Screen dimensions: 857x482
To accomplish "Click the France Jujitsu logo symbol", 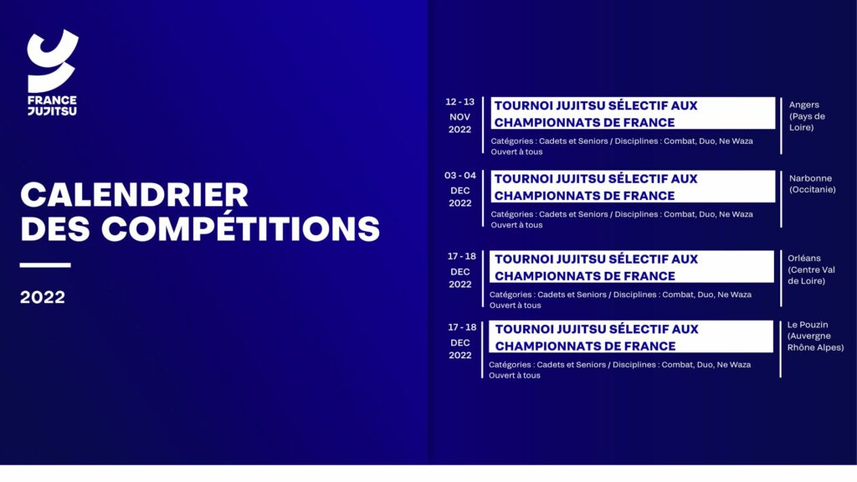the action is [x=53, y=61].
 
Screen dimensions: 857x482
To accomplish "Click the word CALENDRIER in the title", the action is [x=135, y=194].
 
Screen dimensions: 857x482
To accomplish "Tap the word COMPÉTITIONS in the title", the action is [x=240, y=228].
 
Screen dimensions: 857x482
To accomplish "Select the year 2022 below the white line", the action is [x=43, y=297].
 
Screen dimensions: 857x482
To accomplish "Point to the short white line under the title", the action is [x=45, y=265].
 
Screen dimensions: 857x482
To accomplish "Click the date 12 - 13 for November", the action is [x=459, y=102].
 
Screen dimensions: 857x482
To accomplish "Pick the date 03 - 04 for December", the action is [x=459, y=176].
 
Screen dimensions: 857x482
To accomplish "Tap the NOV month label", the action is [x=459, y=117].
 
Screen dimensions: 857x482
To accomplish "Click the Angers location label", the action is [x=804, y=105].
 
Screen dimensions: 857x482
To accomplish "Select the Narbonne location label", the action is [x=810, y=178].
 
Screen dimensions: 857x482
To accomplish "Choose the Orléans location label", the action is [x=804, y=258].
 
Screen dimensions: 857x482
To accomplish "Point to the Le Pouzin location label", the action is [x=808, y=325].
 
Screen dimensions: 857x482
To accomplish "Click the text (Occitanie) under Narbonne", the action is [x=812, y=190].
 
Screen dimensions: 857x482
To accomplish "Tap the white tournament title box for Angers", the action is [x=633, y=113].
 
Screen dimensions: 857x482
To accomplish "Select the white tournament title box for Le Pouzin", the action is [x=631, y=336].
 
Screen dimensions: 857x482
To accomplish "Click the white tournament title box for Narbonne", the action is [x=633, y=187].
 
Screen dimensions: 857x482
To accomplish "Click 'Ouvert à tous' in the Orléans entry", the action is [x=515, y=305].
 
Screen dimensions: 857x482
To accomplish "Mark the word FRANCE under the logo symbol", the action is [x=53, y=100].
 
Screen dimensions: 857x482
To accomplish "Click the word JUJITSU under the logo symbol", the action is [x=53, y=111].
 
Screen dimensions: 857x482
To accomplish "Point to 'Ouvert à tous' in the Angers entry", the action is [x=516, y=152].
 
